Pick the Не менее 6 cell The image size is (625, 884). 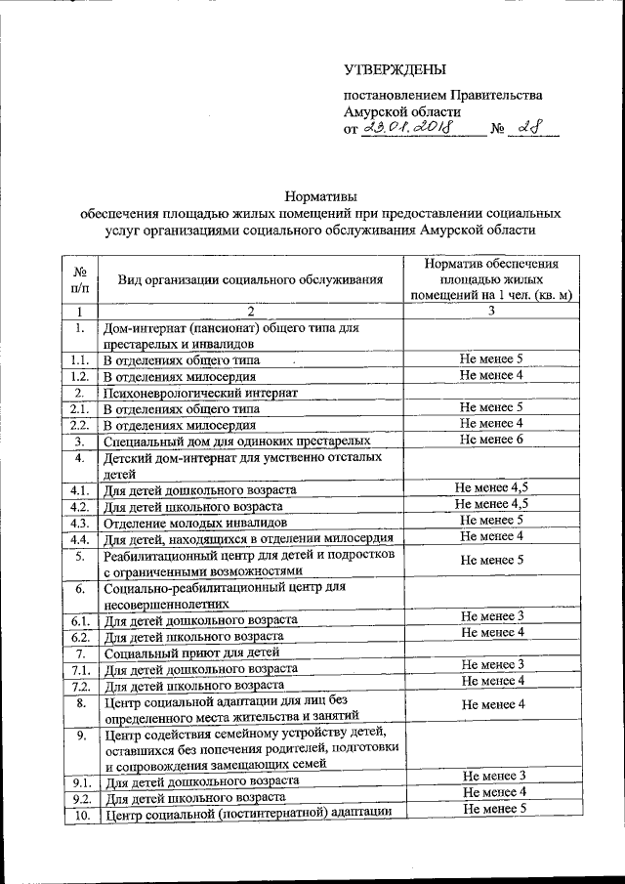492,440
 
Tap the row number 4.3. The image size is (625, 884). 80,521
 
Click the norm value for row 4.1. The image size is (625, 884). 492,487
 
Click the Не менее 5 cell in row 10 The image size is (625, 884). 494,808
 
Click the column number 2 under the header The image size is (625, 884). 250,311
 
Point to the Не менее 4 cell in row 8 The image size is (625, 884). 493,703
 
